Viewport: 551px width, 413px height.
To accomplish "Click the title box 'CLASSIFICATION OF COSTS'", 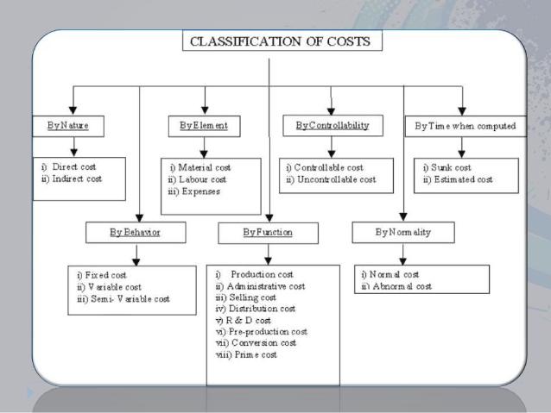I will pyautogui.click(x=282, y=41).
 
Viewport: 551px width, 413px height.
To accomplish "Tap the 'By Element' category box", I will pyautogui.click(x=204, y=126).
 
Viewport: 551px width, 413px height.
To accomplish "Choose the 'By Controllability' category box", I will pyautogui.click(x=332, y=126).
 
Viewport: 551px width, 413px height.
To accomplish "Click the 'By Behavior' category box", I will pyautogui.click(x=136, y=233).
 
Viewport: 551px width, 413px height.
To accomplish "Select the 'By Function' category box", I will pyautogui.click(x=268, y=233).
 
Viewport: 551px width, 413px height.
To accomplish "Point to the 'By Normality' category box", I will pyautogui.click(x=403, y=233).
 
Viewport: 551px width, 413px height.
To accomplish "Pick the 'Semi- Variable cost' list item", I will pyautogui.click(x=125, y=298).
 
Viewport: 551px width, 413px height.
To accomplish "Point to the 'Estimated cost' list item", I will pyautogui.click(x=458, y=179).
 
